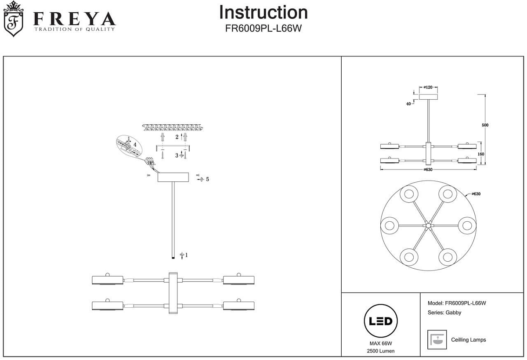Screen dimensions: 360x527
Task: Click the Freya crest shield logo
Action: coord(14,20)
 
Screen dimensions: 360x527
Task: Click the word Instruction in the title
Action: coord(263,13)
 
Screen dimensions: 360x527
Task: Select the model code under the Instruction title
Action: coord(263,28)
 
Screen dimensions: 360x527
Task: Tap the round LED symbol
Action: coord(381,321)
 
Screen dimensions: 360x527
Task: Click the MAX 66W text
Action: coord(381,344)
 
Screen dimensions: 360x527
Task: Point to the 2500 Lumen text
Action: coord(381,351)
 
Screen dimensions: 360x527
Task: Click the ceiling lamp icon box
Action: coord(437,339)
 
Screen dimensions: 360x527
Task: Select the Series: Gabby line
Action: coord(444,313)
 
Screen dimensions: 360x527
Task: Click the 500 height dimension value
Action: coord(485,125)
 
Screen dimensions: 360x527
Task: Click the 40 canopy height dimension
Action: coord(408,104)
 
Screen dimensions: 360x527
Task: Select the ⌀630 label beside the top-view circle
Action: coord(475,194)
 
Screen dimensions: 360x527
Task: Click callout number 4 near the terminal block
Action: coord(135,144)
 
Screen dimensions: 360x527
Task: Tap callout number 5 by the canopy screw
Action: coord(207,179)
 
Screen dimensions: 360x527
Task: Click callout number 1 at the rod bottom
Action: coord(186,255)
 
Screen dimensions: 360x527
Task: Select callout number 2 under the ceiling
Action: coord(177,137)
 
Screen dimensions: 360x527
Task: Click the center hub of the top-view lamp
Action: coord(428,226)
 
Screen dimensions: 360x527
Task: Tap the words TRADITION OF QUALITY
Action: coord(75,29)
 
